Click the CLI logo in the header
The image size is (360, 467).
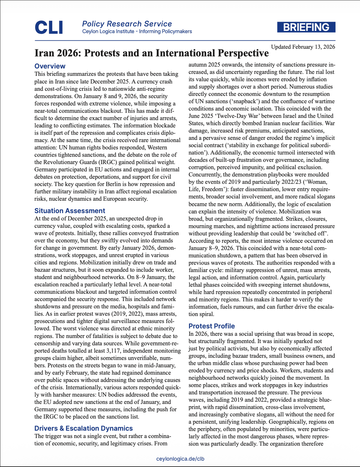(x=49, y=27)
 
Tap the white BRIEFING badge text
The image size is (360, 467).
(x=306, y=27)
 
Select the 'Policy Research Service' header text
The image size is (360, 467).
(x=127, y=24)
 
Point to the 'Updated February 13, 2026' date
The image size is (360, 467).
(x=303, y=47)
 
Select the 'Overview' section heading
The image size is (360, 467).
(x=50, y=66)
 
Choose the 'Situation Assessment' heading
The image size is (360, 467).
(x=69, y=211)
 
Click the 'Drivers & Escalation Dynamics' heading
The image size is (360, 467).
(x=83, y=428)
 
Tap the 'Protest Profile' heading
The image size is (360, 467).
(x=212, y=326)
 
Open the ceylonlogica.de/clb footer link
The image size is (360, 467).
(x=180, y=459)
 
